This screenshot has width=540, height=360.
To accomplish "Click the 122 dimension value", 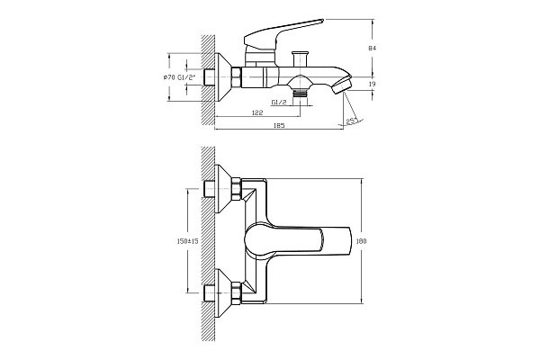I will pos(256,112).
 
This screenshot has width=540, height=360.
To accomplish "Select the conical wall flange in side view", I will pos(226,78).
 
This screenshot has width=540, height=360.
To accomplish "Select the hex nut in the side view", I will pos(238,78).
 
